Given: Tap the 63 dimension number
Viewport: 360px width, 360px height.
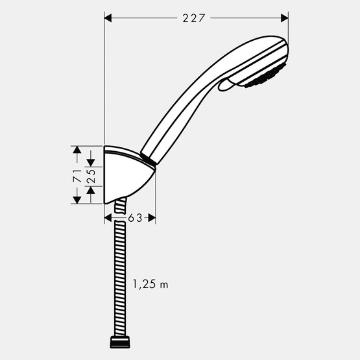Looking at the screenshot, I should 135,219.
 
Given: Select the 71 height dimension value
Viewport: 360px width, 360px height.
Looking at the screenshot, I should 77,174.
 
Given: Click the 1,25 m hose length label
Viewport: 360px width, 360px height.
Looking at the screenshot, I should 150,283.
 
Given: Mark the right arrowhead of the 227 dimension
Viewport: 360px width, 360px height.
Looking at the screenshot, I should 284,18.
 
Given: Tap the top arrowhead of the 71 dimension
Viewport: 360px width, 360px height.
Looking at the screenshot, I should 77,150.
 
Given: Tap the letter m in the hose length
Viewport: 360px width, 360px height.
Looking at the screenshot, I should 164,284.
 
